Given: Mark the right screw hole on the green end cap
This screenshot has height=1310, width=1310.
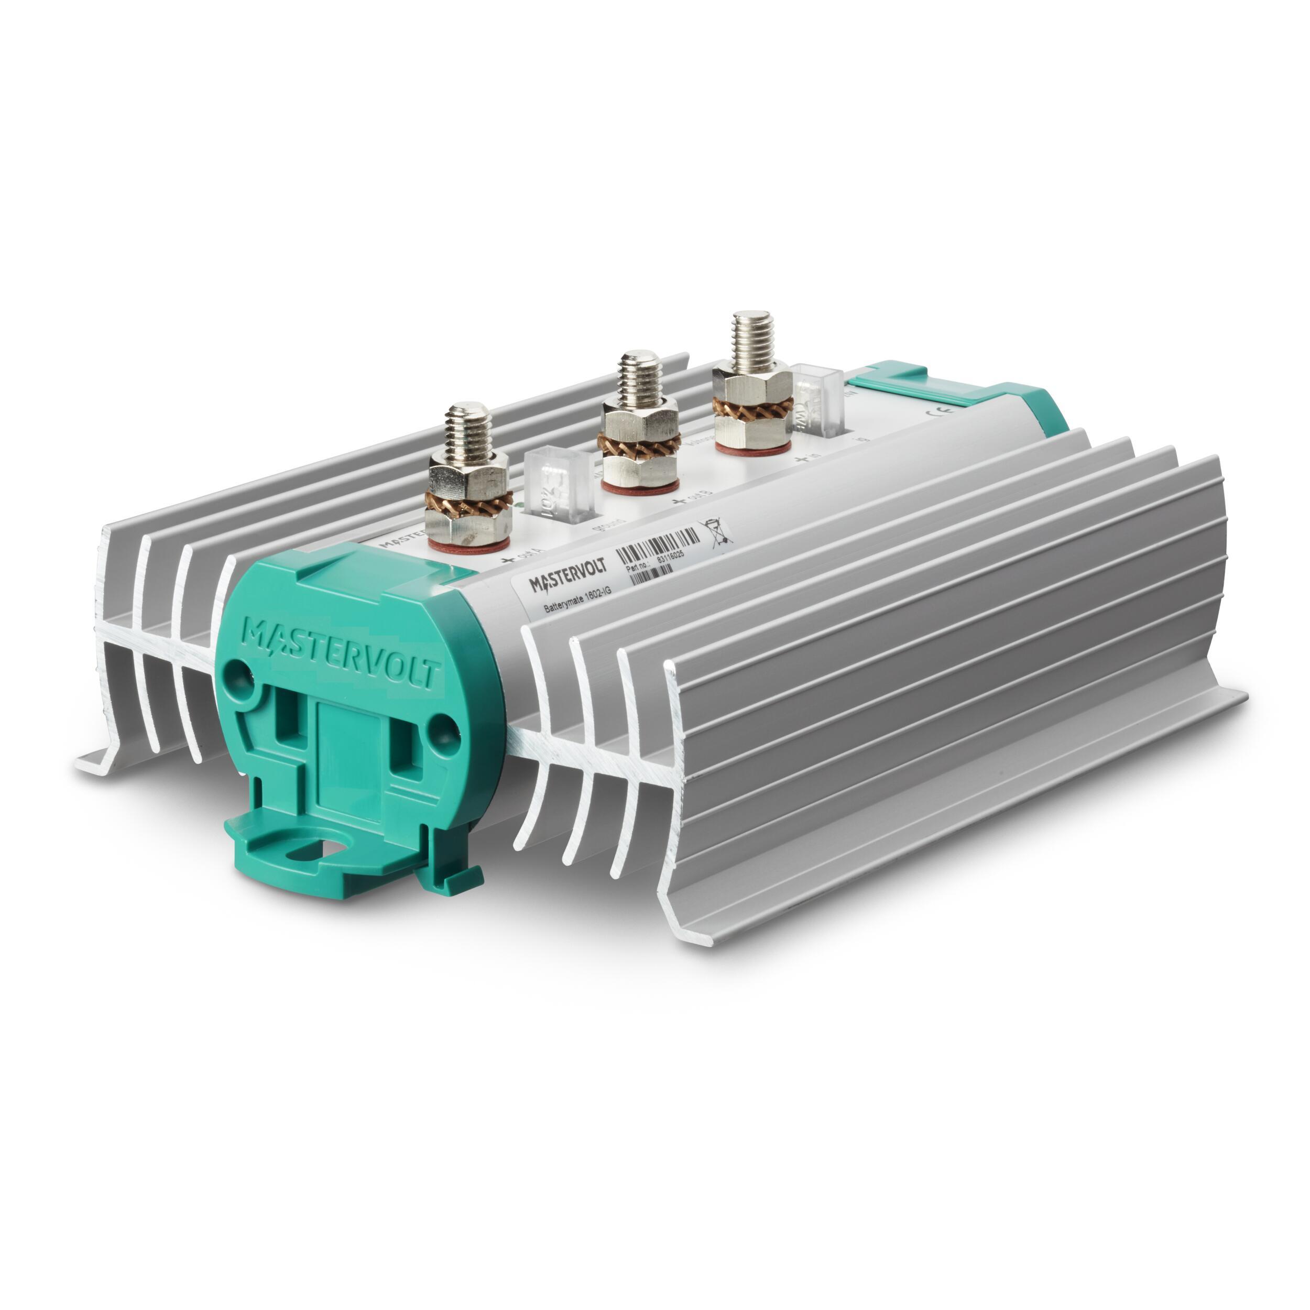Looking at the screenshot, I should click(x=443, y=726).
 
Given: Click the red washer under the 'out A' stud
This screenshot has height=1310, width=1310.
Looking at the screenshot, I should click(x=467, y=544).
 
